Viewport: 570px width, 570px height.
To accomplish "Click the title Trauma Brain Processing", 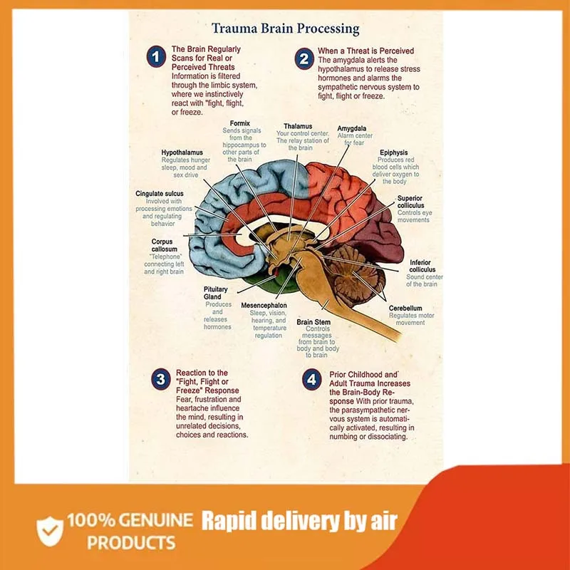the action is [x=286, y=29].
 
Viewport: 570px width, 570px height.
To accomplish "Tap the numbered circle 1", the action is [x=156, y=57].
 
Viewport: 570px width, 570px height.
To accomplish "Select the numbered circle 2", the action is [x=304, y=59].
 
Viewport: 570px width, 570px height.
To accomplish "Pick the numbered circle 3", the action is [x=162, y=379].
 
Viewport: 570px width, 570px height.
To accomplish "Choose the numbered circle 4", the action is [x=311, y=380].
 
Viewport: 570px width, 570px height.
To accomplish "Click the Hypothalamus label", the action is [x=182, y=152].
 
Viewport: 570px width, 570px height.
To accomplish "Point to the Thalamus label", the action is [x=297, y=126].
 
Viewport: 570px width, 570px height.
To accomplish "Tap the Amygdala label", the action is [x=352, y=128].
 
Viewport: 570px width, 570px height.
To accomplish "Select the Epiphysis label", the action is [x=393, y=152].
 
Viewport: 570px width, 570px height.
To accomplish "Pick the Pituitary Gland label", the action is [x=217, y=293].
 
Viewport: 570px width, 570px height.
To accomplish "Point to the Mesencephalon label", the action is [x=263, y=305].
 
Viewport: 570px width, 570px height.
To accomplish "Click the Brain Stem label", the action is [x=313, y=322].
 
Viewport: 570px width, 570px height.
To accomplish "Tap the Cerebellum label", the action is [x=405, y=309].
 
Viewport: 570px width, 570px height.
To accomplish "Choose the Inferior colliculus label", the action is [x=422, y=266].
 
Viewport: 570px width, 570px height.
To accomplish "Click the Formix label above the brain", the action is [x=239, y=123].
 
